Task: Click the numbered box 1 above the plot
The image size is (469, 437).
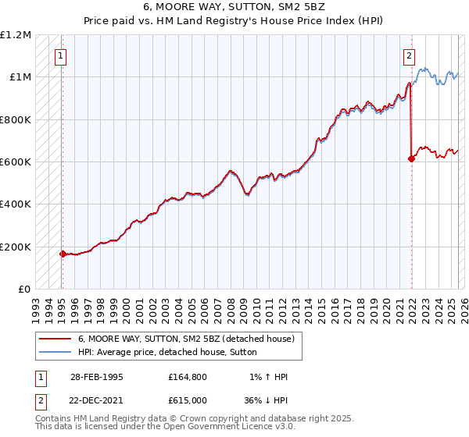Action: pyautogui.click(x=61, y=55)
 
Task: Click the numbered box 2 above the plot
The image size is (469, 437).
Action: pyautogui.click(x=409, y=55)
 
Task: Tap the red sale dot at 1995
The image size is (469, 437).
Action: pyautogui.click(x=63, y=254)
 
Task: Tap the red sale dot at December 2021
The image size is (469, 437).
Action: pyautogui.click(x=411, y=158)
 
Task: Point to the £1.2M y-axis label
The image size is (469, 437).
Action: pyautogui.click(x=16, y=35)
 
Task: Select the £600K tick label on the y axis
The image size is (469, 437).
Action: pyautogui.click(x=16, y=162)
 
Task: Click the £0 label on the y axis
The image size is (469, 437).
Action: pyautogui.click(x=23, y=290)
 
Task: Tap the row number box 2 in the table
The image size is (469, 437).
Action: pyautogui.click(x=40, y=399)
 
